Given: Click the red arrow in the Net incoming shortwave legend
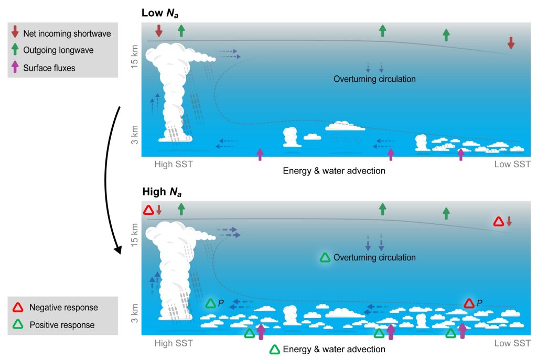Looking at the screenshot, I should pyautogui.click(x=16, y=34).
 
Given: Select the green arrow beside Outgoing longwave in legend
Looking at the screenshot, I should pyautogui.click(x=16, y=50).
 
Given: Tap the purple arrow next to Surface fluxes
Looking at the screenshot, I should pyautogui.click(x=16, y=67).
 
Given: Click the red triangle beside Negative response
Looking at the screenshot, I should pyautogui.click(x=17, y=308).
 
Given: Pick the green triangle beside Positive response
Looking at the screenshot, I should pyautogui.click(x=17, y=325).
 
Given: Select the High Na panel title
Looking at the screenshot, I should pyautogui.click(x=163, y=192).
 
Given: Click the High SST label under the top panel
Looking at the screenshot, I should pyautogui.click(x=174, y=165).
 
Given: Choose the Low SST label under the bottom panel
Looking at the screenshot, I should pyautogui.click(x=512, y=343).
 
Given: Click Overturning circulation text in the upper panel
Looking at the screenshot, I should pyautogui.click(x=374, y=79).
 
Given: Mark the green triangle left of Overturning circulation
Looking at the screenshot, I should pyautogui.click(x=325, y=257).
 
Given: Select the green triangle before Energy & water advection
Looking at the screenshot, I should pyautogui.click(x=274, y=350).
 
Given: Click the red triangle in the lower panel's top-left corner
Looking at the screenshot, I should pyautogui.click(x=148, y=211).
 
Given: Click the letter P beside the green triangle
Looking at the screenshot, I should pyautogui.click(x=221, y=303).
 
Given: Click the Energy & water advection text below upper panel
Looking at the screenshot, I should pyautogui.click(x=334, y=171).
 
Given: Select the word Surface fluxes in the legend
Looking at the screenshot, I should pyautogui.click(x=49, y=68).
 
